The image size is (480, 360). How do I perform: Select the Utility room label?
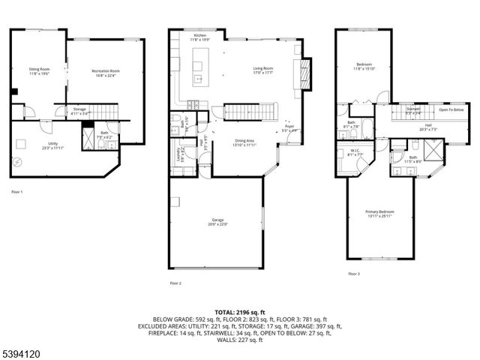click(31, 143)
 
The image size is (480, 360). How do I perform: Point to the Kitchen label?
click(200, 36)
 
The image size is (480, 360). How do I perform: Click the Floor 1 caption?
click(17, 193)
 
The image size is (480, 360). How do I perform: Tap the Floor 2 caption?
click(176, 283)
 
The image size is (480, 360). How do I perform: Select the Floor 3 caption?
click(353, 274)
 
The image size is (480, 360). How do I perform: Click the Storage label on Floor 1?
click(79, 110)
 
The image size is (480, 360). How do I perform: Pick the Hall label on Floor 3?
click(428, 127)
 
